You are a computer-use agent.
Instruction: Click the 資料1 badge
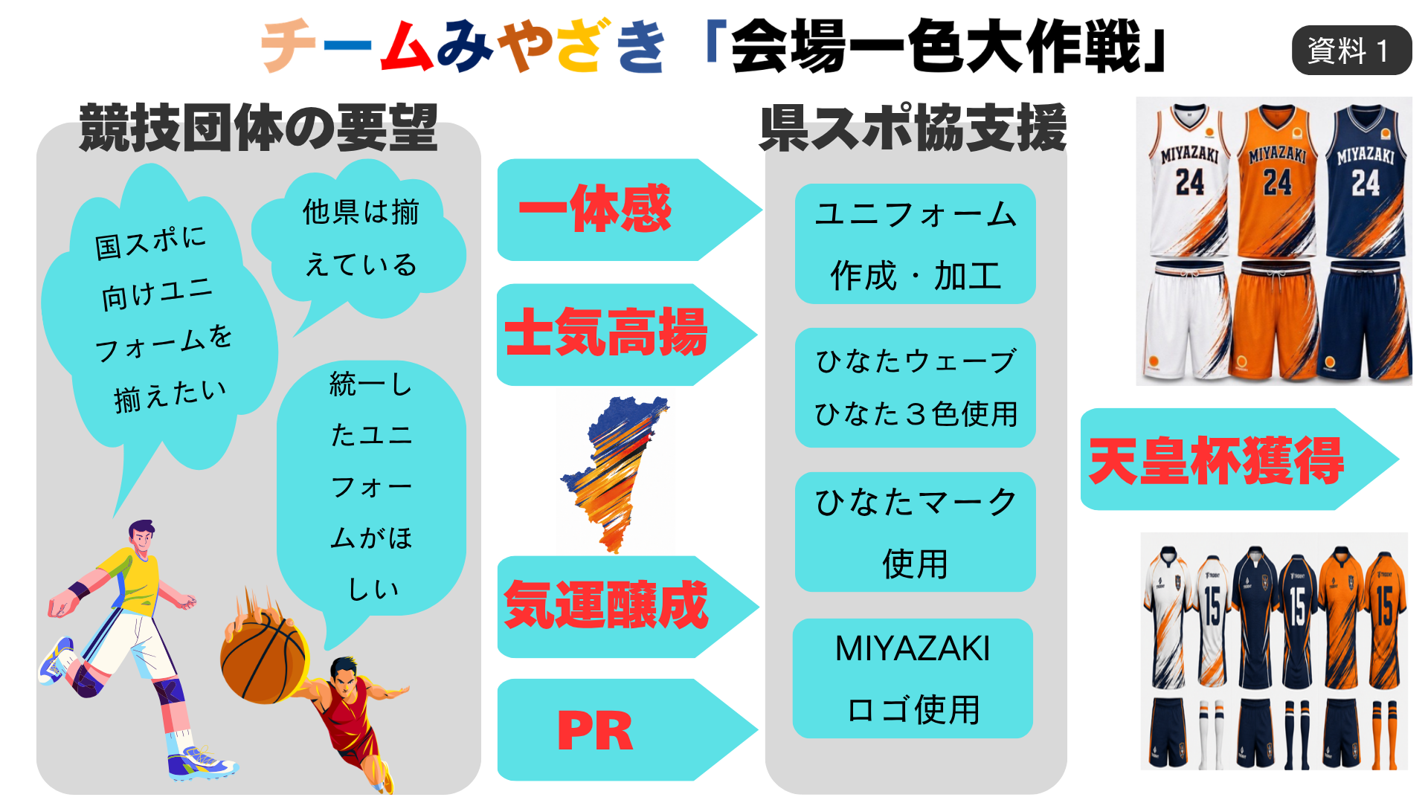(x=1351, y=51)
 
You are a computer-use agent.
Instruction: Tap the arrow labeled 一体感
(x=628, y=210)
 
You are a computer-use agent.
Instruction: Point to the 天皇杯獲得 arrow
(x=1238, y=459)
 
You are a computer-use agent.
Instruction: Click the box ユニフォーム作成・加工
(x=916, y=244)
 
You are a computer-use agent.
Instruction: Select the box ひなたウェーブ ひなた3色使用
(x=916, y=387)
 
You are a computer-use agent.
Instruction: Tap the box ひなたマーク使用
(x=916, y=532)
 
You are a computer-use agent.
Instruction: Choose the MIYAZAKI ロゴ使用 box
(x=913, y=678)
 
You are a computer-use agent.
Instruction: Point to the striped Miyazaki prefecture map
(x=614, y=474)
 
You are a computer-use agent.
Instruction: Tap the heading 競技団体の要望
(x=258, y=128)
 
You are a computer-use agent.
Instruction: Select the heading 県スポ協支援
(x=913, y=128)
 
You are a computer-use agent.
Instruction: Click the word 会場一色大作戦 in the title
(x=936, y=46)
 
